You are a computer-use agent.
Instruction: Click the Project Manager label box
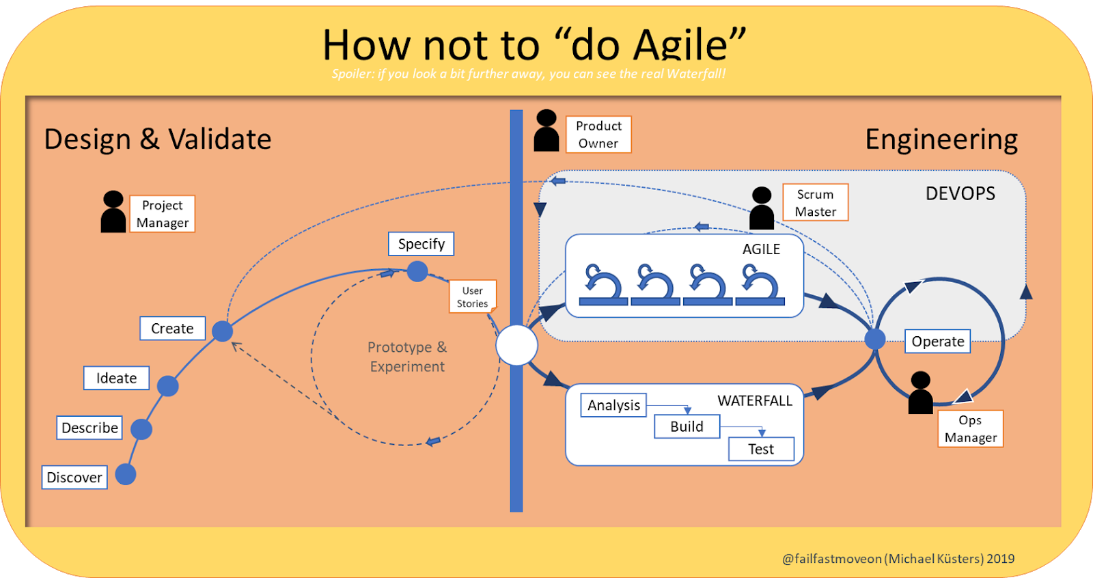[x=162, y=214]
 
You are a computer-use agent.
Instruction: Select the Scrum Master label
[x=815, y=202]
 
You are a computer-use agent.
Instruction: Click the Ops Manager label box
[x=970, y=428]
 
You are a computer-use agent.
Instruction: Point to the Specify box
[x=421, y=244]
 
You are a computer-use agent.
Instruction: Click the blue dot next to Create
[x=223, y=331]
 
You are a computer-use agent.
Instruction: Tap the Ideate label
[x=116, y=378]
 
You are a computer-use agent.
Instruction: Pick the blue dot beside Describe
[x=141, y=429]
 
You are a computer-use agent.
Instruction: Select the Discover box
[x=74, y=477]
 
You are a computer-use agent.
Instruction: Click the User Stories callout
[x=472, y=297]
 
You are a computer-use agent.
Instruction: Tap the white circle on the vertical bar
[x=516, y=346]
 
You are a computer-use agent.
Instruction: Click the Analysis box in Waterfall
[x=613, y=405]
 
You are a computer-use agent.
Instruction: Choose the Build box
[x=687, y=426]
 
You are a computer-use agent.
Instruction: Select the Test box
[x=761, y=449]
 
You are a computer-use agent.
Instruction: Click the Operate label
[x=937, y=341]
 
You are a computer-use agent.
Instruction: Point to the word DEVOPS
[x=960, y=193]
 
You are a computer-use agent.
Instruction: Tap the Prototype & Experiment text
[x=407, y=357]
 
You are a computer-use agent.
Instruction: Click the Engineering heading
[x=941, y=139]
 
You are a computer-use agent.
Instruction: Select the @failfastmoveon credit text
[x=898, y=558]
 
